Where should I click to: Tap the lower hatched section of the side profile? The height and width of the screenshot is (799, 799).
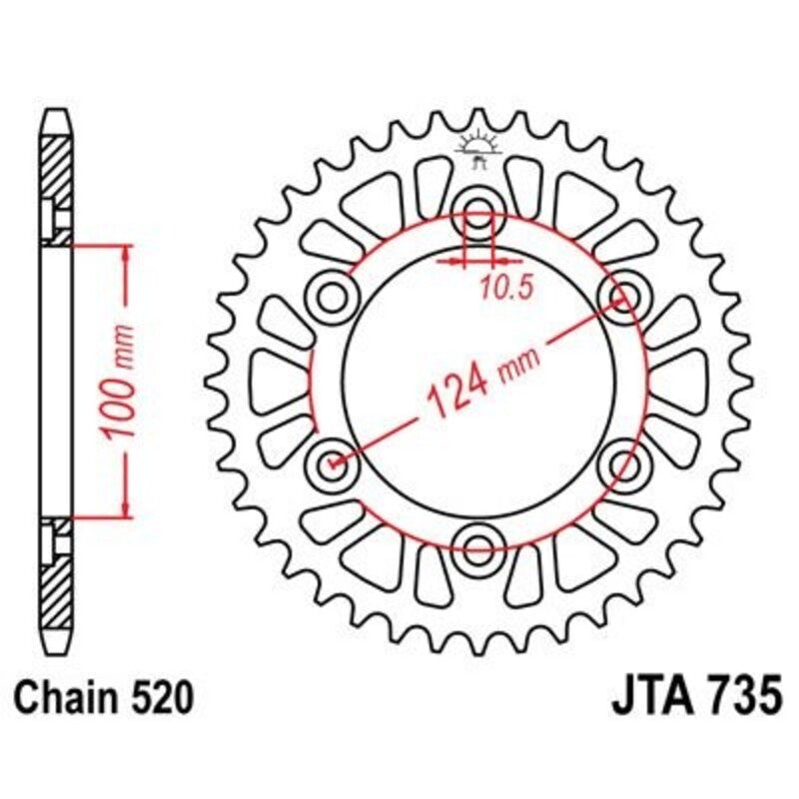pos(56,589)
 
